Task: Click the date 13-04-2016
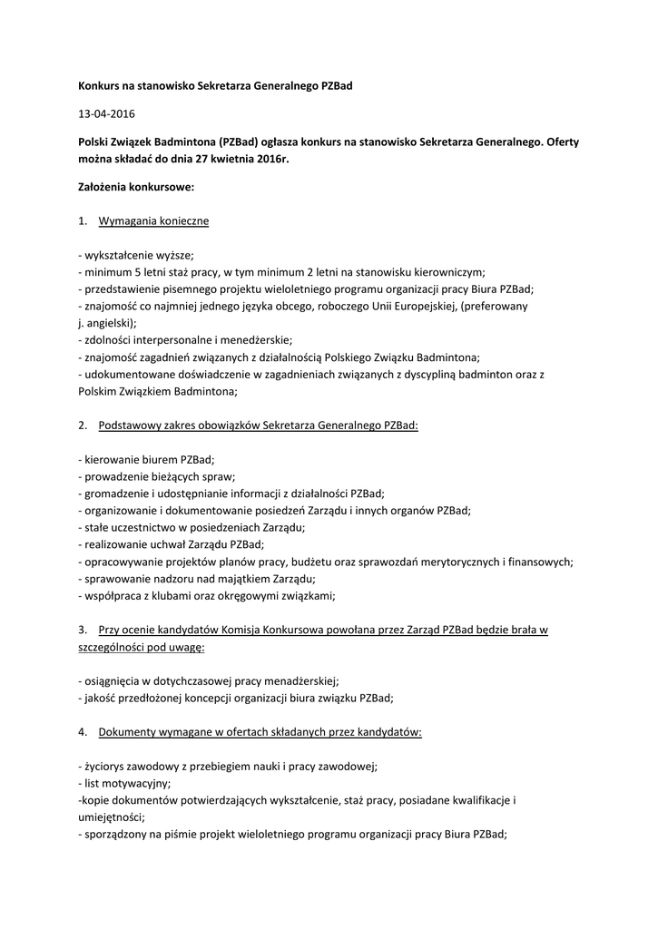pyautogui.click(x=105, y=114)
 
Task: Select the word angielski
pyautogui.click(x=109, y=322)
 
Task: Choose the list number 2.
pyautogui.click(x=82, y=425)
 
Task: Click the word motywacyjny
pyautogui.click(x=133, y=782)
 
